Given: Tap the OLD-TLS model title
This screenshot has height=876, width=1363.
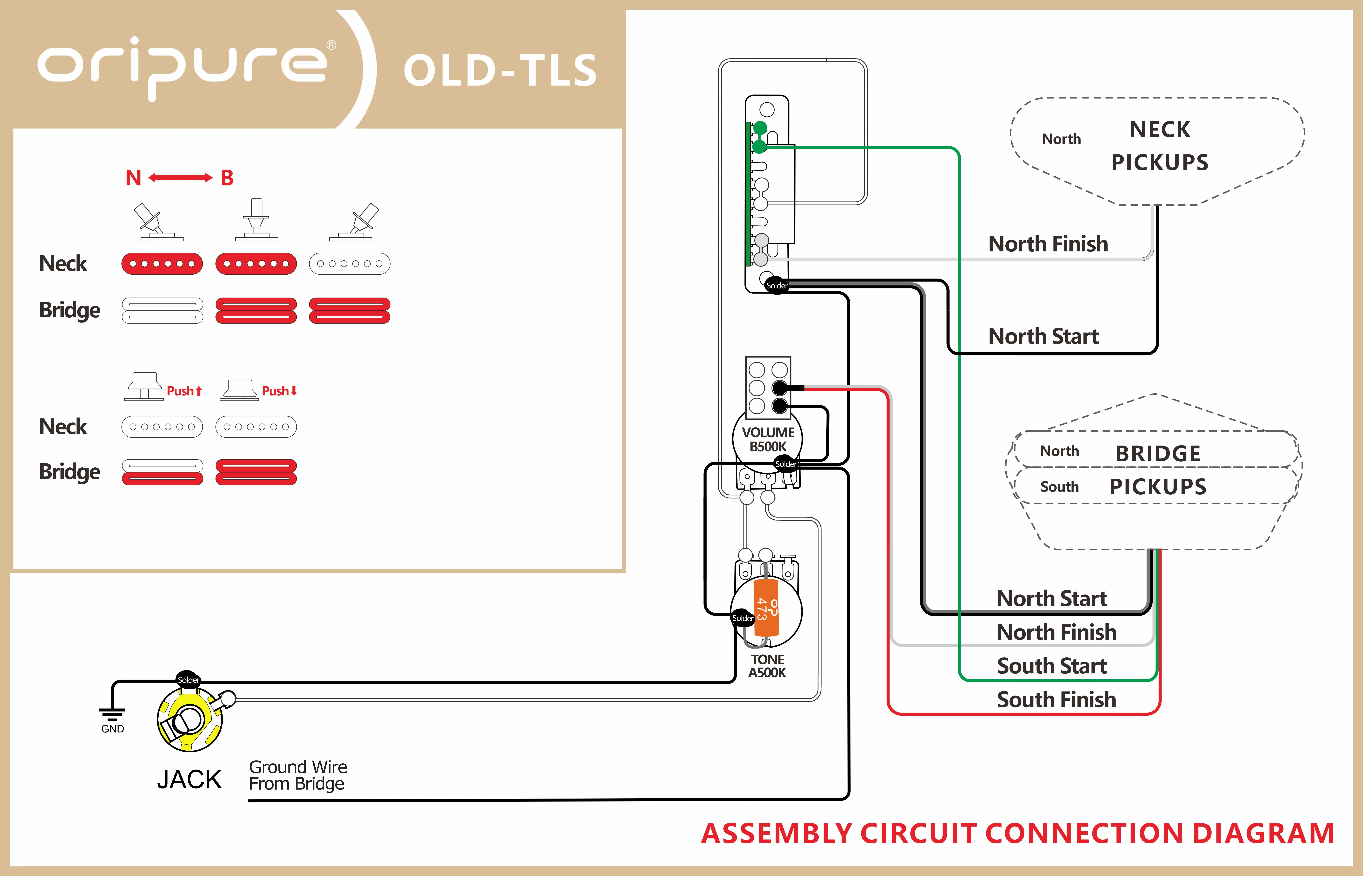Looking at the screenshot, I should [x=500, y=71].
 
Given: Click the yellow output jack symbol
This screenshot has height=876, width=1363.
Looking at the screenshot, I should [x=189, y=720].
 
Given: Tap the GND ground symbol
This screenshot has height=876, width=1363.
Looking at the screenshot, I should [x=112, y=718].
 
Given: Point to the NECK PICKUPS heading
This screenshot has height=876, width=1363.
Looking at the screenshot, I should [x=1159, y=146].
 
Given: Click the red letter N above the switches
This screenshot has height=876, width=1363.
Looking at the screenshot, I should [x=133, y=178].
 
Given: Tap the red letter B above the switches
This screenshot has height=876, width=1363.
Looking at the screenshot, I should [x=227, y=178].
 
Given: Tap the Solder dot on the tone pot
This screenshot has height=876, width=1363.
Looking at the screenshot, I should [x=742, y=618].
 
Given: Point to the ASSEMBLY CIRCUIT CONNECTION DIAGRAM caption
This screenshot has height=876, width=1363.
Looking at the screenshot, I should [x=1017, y=833].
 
